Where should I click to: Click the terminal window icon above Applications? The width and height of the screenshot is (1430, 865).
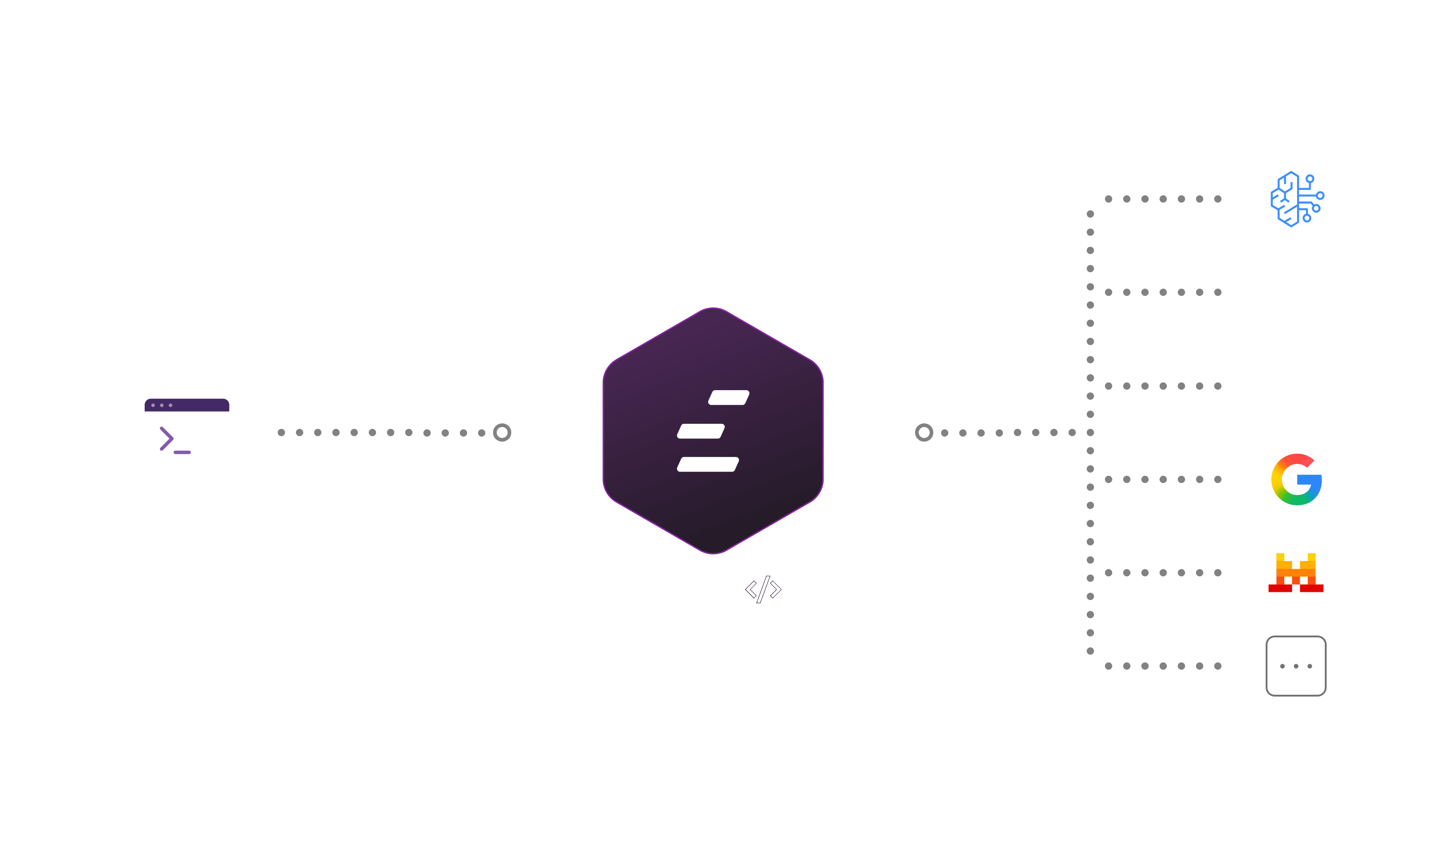coord(187,432)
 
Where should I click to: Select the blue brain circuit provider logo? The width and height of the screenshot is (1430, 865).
coord(1297,199)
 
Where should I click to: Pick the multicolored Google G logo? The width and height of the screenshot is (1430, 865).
coord(1297,479)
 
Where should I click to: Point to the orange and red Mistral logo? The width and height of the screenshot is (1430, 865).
coord(1296,573)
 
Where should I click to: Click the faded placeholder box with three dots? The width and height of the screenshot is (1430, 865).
coord(1296,666)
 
